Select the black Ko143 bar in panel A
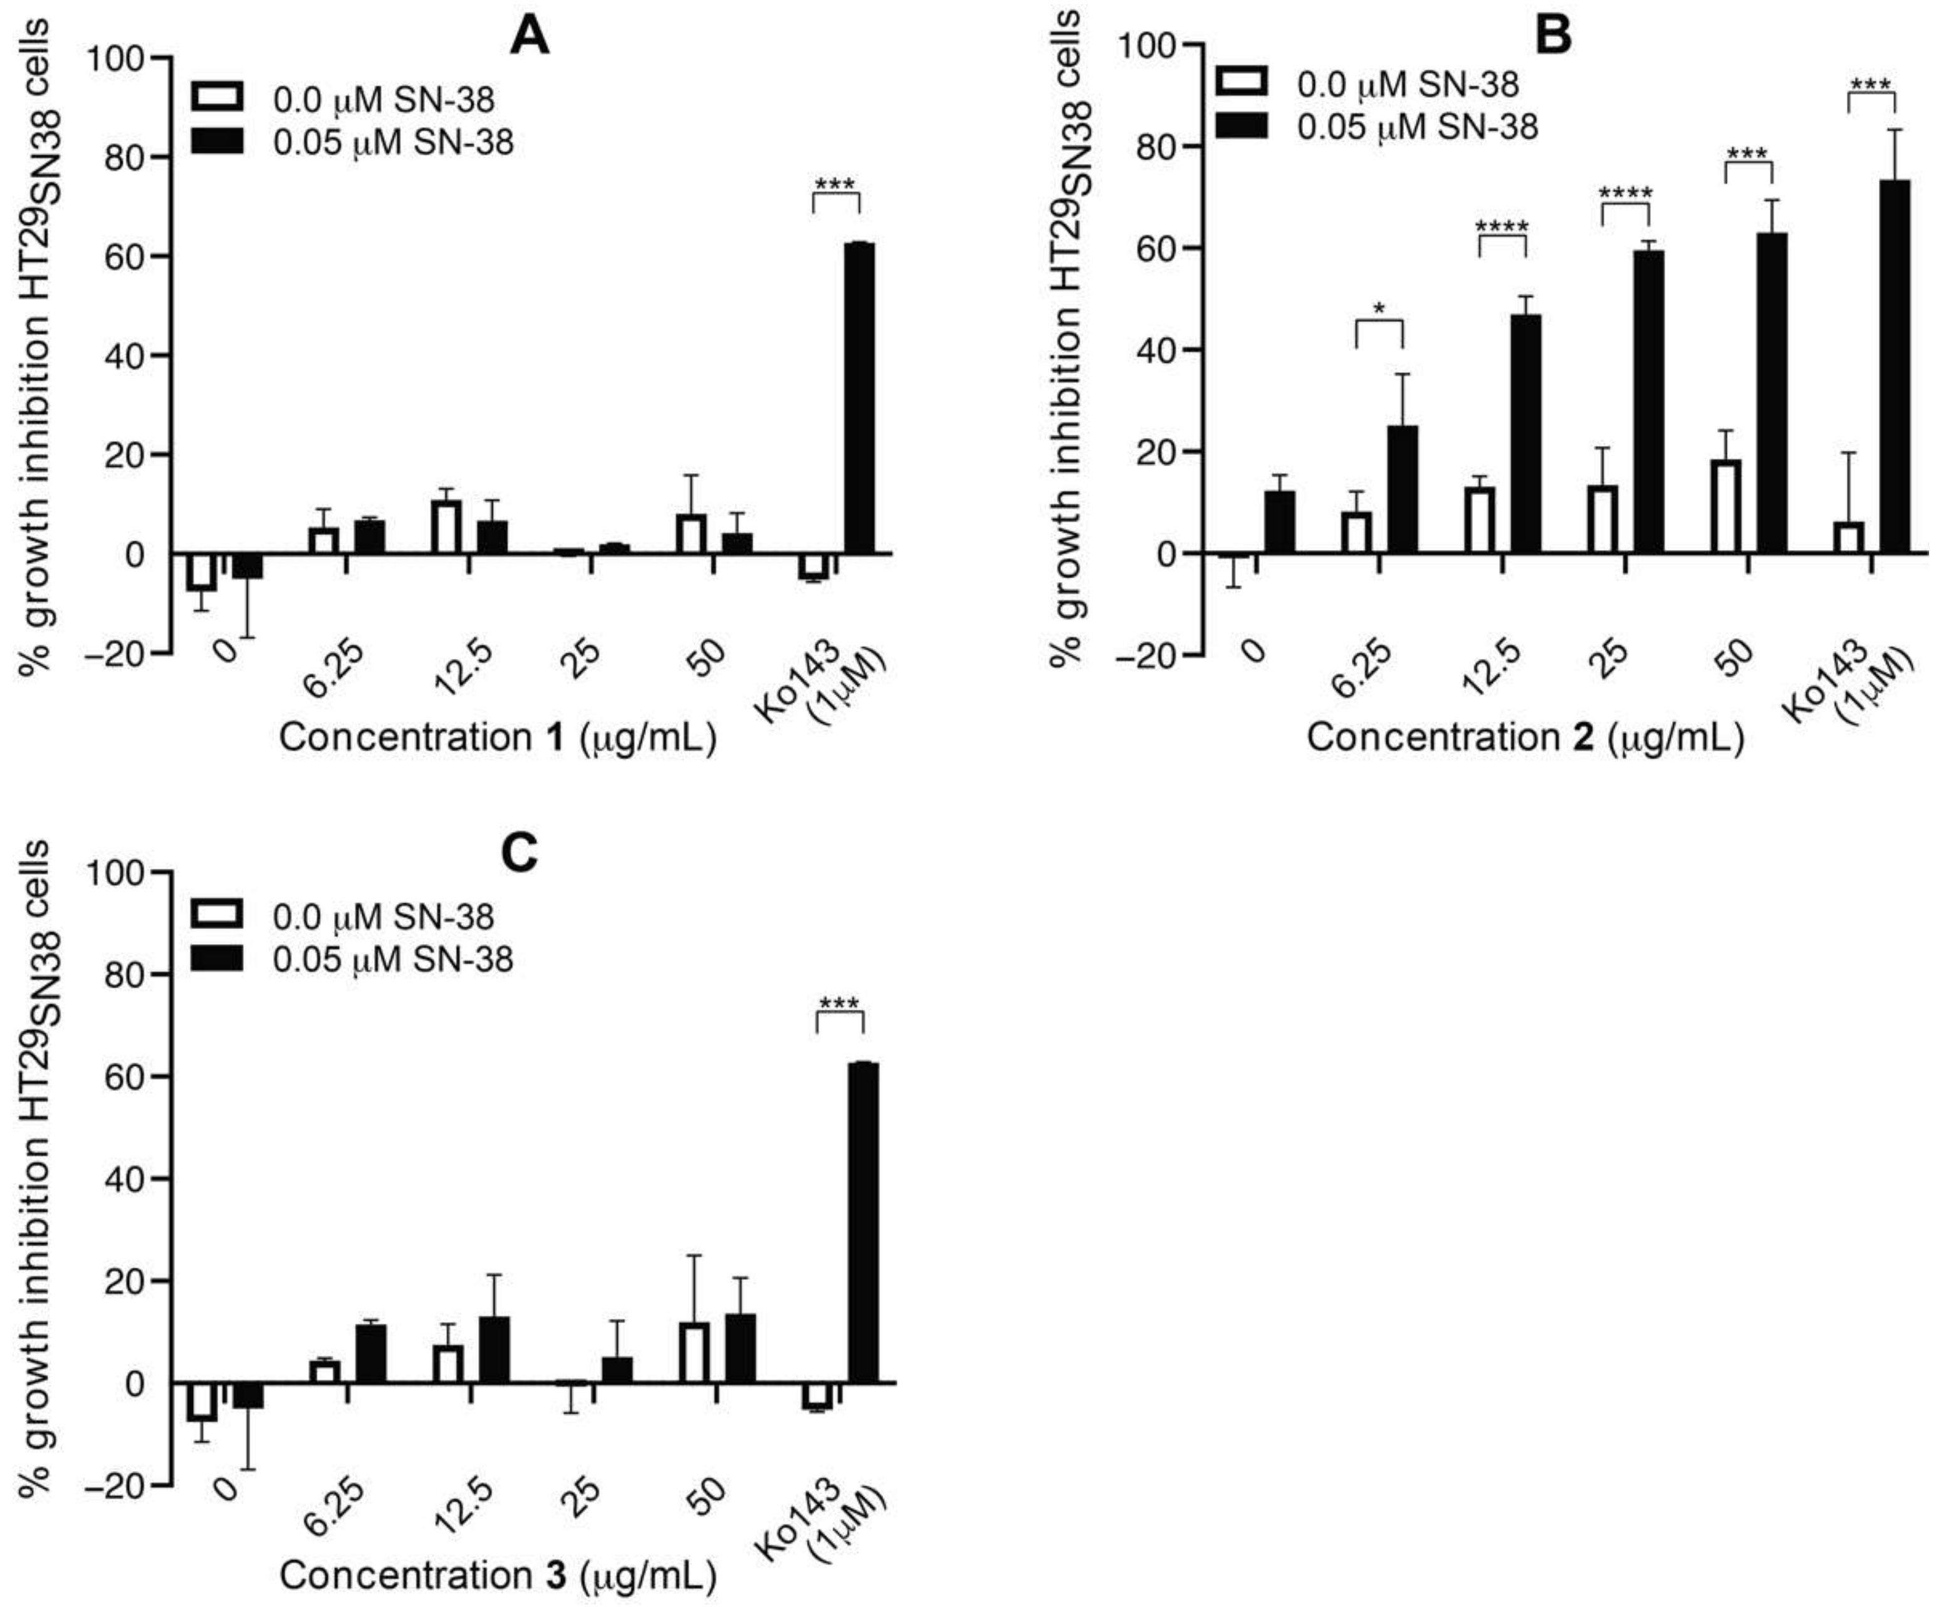point(860,398)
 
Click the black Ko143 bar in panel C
point(864,1222)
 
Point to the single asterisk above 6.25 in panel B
point(1379,309)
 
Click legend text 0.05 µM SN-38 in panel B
point(1416,127)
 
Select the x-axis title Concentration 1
point(497,738)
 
